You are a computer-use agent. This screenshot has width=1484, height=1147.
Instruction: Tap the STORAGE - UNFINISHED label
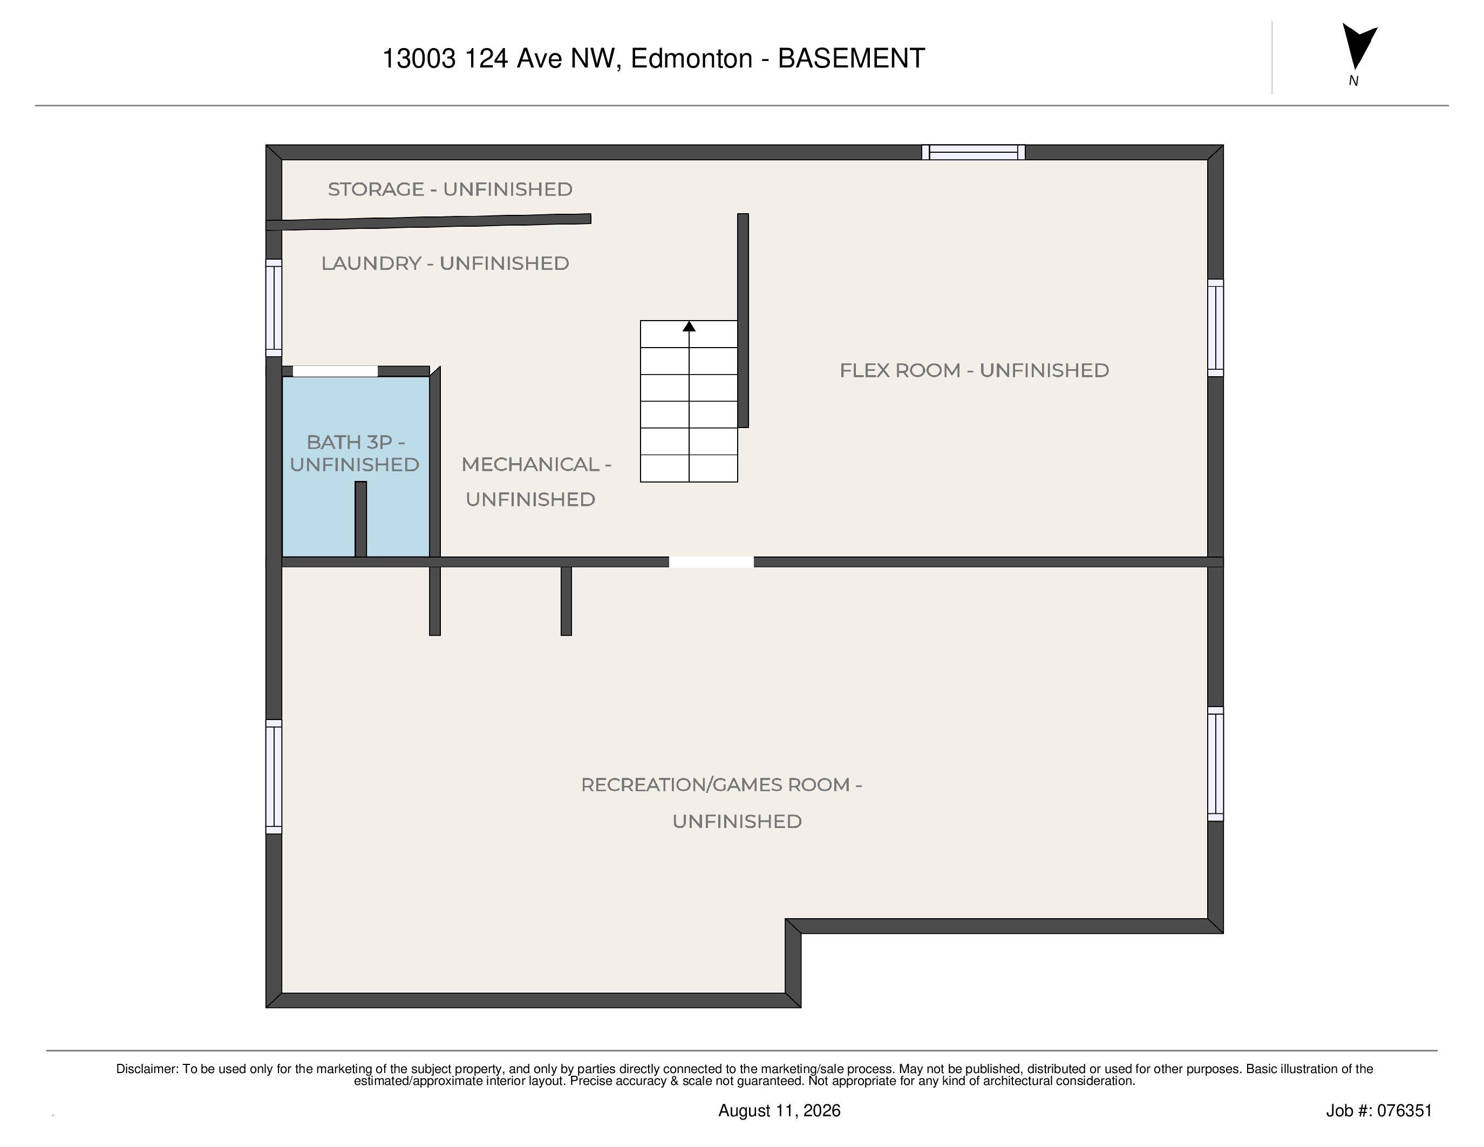[x=450, y=189]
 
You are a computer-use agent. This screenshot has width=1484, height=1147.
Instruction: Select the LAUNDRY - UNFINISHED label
[x=445, y=263]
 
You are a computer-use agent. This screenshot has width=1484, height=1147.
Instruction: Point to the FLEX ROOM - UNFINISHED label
[x=975, y=370]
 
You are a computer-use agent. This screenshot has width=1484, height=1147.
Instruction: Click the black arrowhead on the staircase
[x=689, y=326]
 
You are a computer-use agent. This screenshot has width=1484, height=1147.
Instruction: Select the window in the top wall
[x=973, y=152]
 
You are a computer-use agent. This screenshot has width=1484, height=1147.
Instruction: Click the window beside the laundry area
[x=274, y=307]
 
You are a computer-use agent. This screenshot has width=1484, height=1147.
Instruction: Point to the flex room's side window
[x=1216, y=328]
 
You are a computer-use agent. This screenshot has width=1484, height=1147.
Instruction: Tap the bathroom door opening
[x=335, y=371]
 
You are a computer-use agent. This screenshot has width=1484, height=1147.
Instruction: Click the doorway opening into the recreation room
[x=711, y=562]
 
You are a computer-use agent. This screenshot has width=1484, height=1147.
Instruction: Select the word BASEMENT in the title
[x=852, y=58]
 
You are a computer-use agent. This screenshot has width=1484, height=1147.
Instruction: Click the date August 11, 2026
[x=779, y=1110]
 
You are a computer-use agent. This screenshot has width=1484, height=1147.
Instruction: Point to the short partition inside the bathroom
[x=361, y=519]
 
